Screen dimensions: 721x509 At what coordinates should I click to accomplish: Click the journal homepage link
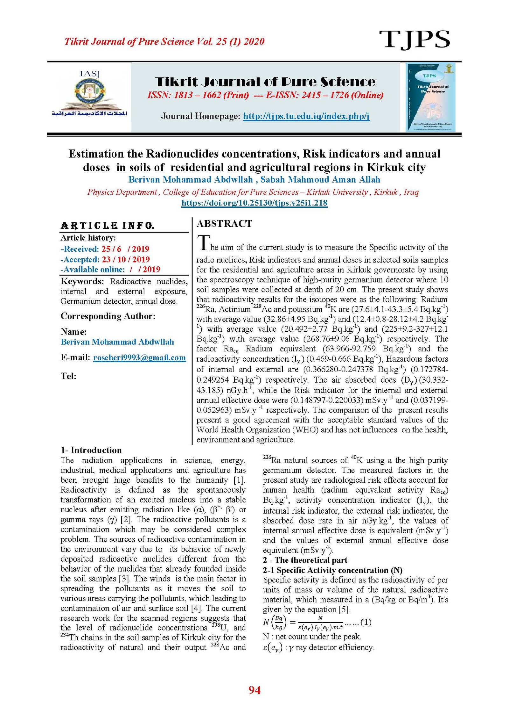(x=306, y=116)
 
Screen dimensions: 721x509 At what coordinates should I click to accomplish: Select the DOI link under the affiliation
(x=254, y=203)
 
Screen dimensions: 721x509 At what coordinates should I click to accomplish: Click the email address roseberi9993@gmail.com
(x=139, y=357)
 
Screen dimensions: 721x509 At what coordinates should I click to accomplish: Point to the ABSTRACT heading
(x=224, y=224)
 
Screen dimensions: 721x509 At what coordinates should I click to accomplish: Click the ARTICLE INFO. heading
(x=108, y=226)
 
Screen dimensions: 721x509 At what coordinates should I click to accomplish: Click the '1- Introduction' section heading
(x=91, y=450)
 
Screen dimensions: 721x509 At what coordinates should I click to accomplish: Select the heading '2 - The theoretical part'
(x=305, y=560)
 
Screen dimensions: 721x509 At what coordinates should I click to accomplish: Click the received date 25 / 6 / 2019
(x=125, y=249)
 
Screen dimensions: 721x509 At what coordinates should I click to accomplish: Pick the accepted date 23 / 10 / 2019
(x=126, y=259)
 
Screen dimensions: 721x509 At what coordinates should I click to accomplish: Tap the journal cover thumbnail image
(x=430, y=97)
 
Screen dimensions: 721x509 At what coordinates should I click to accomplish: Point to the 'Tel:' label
(x=68, y=376)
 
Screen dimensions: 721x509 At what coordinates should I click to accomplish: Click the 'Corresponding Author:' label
(x=108, y=316)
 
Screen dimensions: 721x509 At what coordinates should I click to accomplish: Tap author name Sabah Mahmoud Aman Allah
(x=320, y=179)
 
